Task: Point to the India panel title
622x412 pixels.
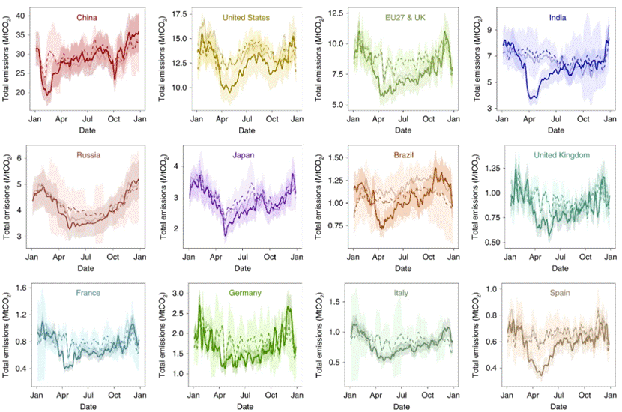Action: [x=558, y=16]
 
